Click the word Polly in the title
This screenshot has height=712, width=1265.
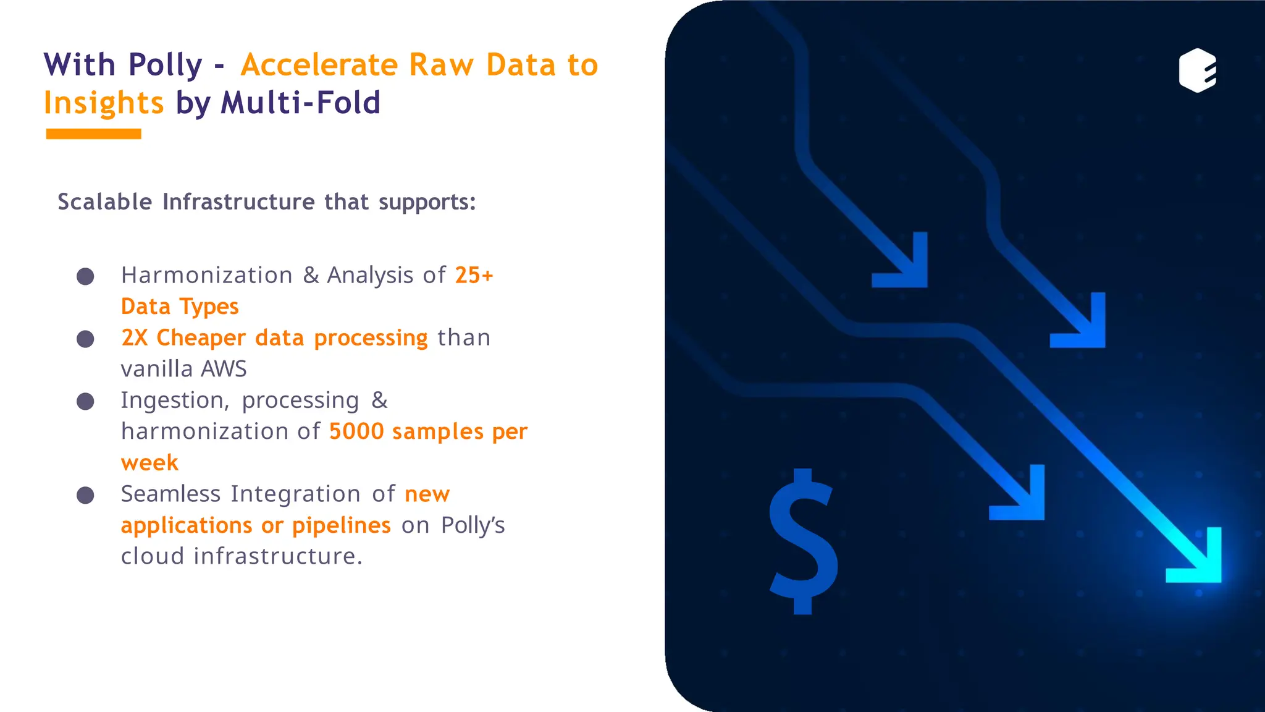(x=166, y=66)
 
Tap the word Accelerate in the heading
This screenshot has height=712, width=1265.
(x=319, y=65)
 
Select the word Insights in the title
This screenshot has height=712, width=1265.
(x=103, y=103)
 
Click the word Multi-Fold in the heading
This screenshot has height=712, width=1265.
(x=300, y=103)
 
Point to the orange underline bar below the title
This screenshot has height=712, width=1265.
(x=93, y=134)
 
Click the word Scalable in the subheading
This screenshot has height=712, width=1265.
(x=104, y=202)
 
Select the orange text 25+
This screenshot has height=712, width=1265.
(x=474, y=275)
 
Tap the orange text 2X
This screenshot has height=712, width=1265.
(x=134, y=338)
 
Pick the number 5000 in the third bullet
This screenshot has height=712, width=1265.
(x=356, y=431)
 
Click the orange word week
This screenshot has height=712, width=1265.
(x=149, y=463)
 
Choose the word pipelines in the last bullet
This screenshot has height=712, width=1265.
(x=341, y=525)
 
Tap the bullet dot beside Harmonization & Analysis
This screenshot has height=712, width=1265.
(x=85, y=276)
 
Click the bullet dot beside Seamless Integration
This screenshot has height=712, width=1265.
(x=85, y=495)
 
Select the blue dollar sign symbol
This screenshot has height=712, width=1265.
(x=803, y=541)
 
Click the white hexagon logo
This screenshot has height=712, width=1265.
(x=1197, y=70)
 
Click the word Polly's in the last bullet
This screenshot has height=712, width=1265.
(x=473, y=525)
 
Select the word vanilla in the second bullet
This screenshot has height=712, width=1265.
(x=156, y=369)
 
